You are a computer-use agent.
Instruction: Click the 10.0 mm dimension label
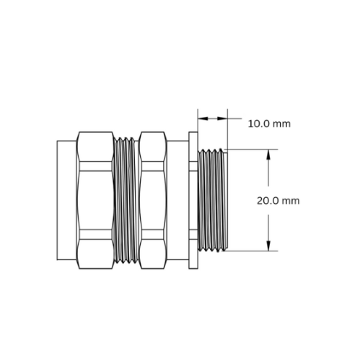[x=269, y=124]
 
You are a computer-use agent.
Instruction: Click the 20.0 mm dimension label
[x=278, y=201]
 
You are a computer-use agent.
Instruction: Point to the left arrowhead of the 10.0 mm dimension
[x=203, y=118]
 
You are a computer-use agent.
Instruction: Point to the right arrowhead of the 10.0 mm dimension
[x=222, y=118]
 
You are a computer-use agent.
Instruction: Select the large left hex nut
[x=95, y=200]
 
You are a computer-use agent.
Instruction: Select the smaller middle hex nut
[x=153, y=200]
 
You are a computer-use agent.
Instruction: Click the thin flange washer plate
[x=193, y=200]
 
